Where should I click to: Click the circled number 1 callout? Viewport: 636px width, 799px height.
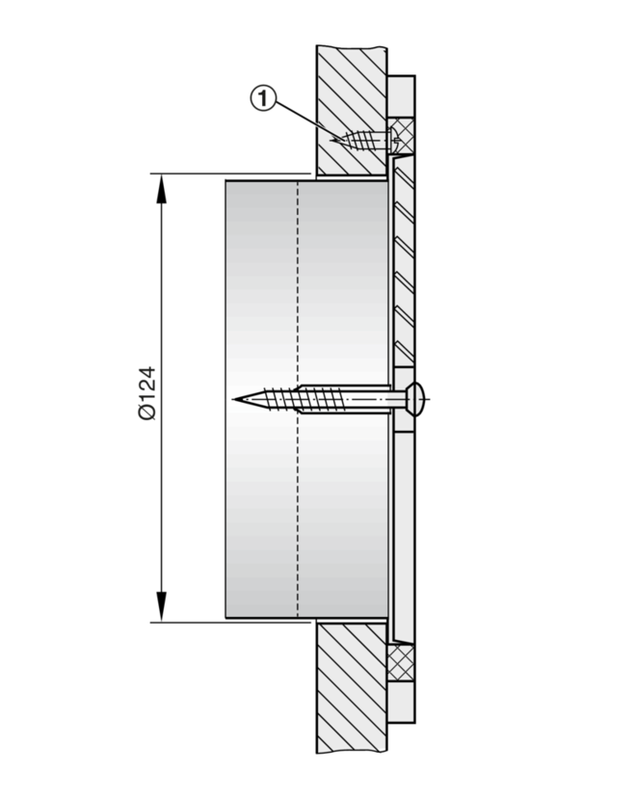click(x=263, y=98)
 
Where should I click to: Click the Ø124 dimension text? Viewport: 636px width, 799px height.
click(x=146, y=392)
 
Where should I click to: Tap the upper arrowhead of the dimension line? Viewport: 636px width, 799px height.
click(x=162, y=189)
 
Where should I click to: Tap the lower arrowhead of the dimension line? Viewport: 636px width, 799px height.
click(x=162, y=606)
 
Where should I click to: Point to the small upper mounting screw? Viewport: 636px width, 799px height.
click(x=363, y=140)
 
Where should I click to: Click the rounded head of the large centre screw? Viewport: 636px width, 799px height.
click(x=416, y=398)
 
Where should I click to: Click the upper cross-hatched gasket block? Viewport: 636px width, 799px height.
click(x=401, y=136)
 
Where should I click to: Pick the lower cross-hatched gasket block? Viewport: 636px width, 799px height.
click(x=401, y=663)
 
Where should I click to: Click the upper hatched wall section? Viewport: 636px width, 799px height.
click(x=352, y=111)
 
